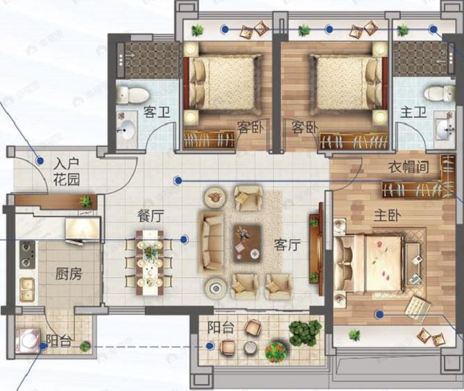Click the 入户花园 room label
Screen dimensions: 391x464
(x=67, y=171)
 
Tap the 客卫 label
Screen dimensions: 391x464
(x=157, y=111)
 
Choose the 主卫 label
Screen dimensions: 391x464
(x=413, y=112)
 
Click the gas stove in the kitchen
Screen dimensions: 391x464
(x=27, y=254)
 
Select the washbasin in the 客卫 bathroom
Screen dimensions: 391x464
(x=127, y=128)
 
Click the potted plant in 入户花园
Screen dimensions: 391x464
(x=85, y=201)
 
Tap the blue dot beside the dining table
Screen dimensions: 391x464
(x=184, y=239)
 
